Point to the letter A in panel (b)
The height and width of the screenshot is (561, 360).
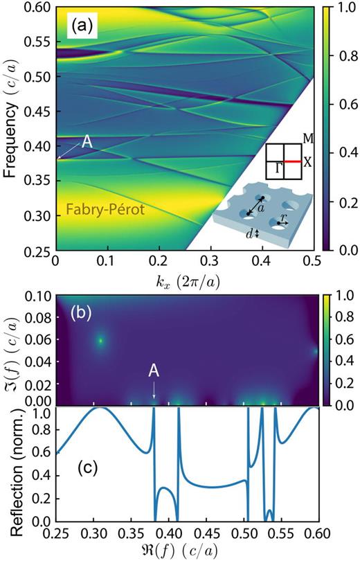pyautogui.click(x=154, y=371)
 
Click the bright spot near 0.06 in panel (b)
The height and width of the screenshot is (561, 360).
pyautogui.click(x=100, y=340)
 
